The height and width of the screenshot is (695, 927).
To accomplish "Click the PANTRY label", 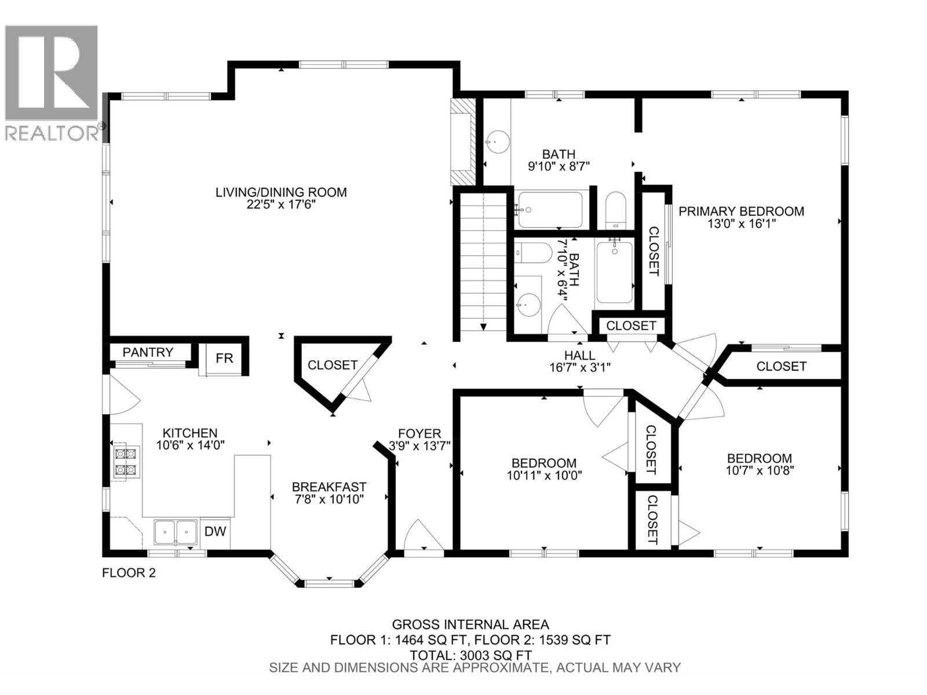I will coord(148,352).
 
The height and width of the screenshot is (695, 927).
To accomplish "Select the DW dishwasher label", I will coord(216,531).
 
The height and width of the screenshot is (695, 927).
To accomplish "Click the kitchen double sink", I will coord(175,532).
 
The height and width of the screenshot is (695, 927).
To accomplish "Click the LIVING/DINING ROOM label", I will coord(281,192).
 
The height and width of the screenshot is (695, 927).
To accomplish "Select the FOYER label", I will coord(419,433).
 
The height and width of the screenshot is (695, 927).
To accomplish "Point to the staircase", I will coord(483,264).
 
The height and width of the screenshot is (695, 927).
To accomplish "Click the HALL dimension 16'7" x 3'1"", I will coord(579,367).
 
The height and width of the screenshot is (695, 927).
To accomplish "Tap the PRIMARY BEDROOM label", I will coord(741,211).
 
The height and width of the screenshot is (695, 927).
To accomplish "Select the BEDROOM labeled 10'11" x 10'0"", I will coord(543,463).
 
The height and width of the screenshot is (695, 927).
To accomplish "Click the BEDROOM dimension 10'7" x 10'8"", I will coord(759,470).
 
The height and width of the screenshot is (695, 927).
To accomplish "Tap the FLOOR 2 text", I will coord(129,573).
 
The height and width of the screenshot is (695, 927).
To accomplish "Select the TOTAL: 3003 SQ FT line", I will coord(470,655).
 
